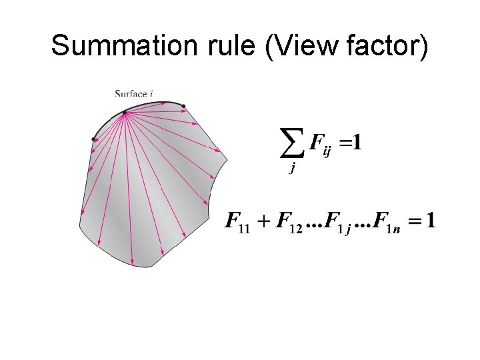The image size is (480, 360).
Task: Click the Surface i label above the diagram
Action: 133,94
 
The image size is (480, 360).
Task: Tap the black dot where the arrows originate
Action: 124,113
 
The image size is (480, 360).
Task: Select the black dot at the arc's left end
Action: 94,139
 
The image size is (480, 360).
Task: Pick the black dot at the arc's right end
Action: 183,106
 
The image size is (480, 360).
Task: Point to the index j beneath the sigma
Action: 291,169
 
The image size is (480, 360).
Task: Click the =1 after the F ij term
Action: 352,143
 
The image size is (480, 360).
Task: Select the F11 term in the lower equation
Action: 239,222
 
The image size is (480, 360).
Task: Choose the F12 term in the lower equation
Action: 289,222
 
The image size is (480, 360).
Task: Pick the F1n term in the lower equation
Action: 387,222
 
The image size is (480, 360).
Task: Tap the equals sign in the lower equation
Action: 415,221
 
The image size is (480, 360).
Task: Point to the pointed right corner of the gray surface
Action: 227,159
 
